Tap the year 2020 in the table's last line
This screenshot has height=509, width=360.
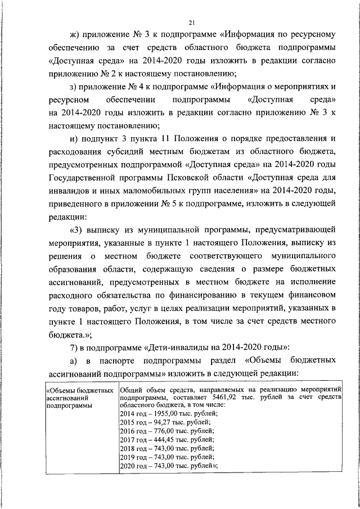pyautogui.click(x=128, y=466)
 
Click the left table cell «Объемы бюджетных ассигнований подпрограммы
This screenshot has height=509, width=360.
pyautogui.click(x=79, y=397)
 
